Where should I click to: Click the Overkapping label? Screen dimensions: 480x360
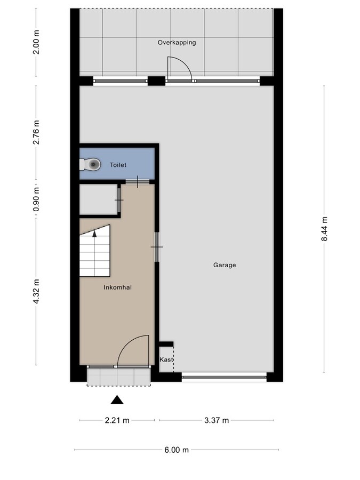(177, 42)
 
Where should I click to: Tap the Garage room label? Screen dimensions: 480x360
(225, 265)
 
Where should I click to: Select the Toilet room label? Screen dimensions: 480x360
(118, 165)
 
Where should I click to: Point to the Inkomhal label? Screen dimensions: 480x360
(117, 287)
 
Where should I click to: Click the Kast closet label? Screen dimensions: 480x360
(166, 360)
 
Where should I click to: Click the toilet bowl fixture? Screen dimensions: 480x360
(93, 165)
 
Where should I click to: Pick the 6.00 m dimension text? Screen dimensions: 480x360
(176, 450)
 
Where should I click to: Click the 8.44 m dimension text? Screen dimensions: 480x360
(324, 229)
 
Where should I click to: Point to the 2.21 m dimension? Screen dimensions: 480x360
(117, 420)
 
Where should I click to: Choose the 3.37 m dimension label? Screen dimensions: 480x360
(217, 420)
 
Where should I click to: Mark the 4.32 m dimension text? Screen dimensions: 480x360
(36, 292)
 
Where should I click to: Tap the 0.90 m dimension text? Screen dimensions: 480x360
(36, 199)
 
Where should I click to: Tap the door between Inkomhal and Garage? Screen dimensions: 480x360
(157, 246)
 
